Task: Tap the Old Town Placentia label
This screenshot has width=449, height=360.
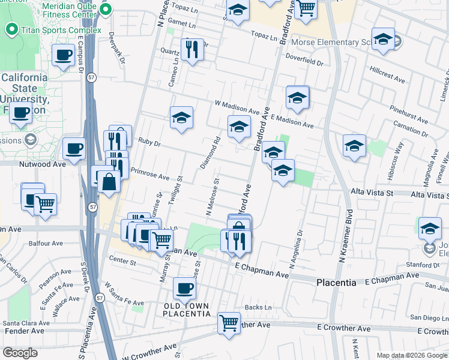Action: point(187,310)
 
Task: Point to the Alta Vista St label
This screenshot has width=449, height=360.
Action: point(372,193)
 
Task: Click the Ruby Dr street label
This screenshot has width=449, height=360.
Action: point(149,144)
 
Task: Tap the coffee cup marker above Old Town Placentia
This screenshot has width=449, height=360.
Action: point(184,288)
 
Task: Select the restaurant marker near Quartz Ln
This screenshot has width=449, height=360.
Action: point(192,49)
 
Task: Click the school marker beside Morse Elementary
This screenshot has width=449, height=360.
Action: point(382,40)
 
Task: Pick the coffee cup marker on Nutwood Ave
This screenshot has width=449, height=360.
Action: point(74,148)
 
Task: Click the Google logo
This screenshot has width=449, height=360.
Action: point(20,353)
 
